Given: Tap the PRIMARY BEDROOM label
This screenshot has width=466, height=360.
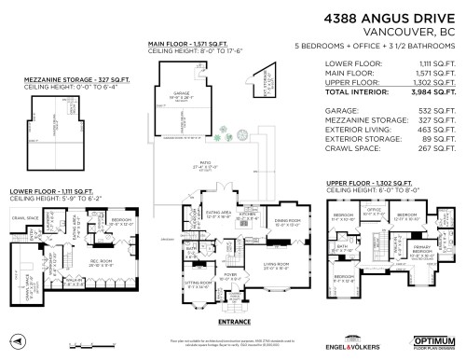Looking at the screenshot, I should coord(422,249).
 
